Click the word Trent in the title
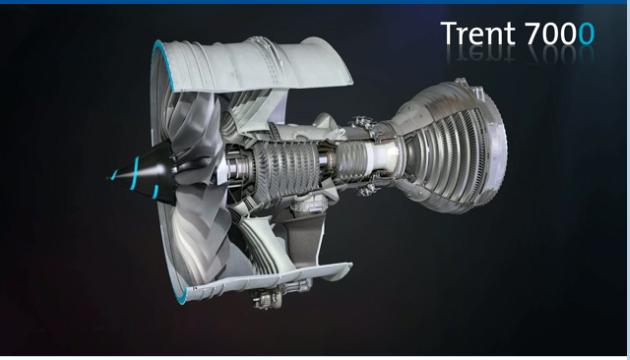[478, 33]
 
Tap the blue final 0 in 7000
[586, 34]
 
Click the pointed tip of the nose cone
[110, 177]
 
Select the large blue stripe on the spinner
[135, 173]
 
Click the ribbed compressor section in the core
[286, 169]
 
